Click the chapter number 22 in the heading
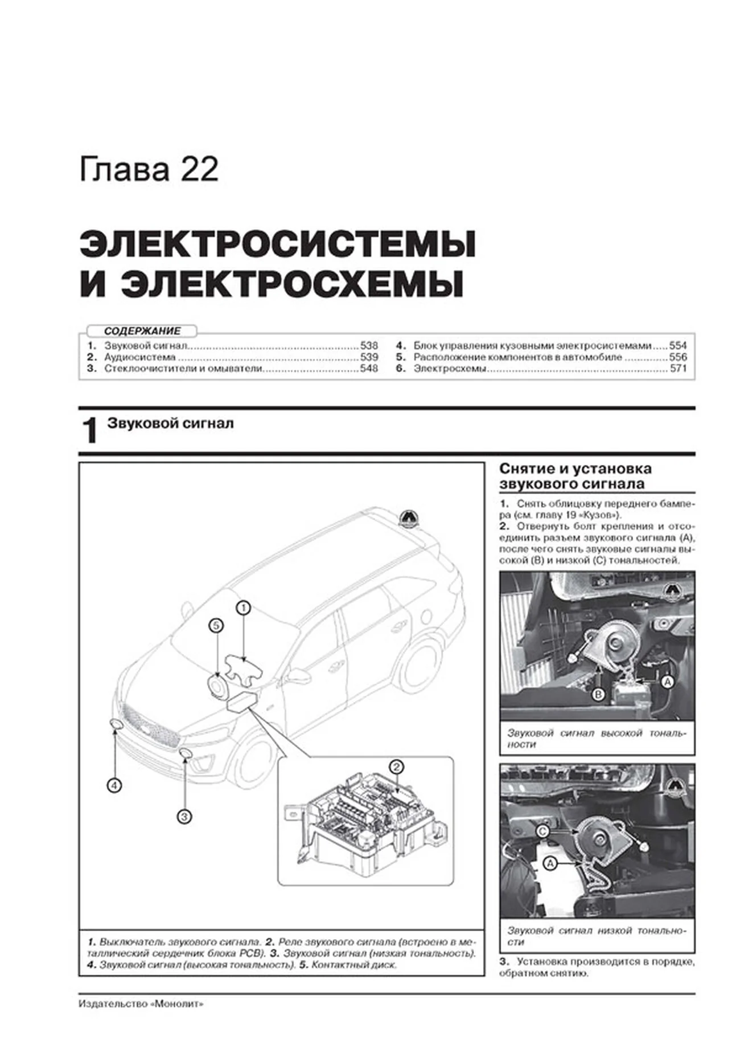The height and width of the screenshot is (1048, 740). tap(199, 170)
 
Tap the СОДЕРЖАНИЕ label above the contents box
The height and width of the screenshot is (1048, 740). tap(142, 331)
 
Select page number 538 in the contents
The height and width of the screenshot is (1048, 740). tap(369, 345)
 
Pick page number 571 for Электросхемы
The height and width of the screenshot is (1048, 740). tap(678, 369)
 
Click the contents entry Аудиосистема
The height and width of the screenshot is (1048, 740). tap(140, 357)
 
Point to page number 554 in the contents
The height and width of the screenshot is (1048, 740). tap(678, 345)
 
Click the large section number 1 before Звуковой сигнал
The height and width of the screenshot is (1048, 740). tap(90, 431)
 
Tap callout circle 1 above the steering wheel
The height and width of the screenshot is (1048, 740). tap(243, 608)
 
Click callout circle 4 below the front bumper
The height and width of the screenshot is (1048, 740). tap(114, 786)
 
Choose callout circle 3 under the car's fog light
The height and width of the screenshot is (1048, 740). tap(184, 817)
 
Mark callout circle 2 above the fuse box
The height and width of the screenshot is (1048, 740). tap(396, 766)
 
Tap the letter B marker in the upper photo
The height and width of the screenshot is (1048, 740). tap(598, 695)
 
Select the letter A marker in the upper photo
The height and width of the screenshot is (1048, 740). tap(667, 681)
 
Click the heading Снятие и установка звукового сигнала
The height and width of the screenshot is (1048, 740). tap(575, 476)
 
